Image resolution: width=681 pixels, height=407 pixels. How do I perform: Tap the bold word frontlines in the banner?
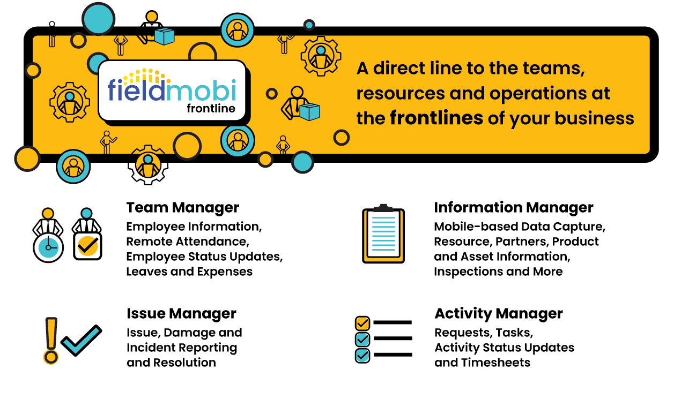click(436, 118)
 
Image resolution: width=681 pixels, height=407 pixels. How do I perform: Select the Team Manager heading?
click(183, 208)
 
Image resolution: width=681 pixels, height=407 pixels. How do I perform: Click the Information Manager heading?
click(513, 208)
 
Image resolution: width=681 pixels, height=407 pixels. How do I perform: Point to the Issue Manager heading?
click(181, 313)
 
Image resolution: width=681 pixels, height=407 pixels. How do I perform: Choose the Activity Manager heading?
click(499, 313)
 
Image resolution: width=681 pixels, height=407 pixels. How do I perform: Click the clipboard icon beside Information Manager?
click(383, 234)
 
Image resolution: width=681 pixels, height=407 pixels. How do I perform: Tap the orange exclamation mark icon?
click(51, 340)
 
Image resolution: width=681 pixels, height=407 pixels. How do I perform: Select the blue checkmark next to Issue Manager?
click(81, 340)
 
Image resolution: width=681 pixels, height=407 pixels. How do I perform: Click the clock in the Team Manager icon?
click(48, 248)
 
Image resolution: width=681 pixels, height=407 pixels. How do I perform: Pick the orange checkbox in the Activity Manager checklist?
click(362, 323)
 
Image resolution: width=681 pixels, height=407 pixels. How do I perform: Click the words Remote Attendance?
click(187, 242)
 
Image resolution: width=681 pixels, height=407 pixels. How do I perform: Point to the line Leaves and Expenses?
click(189, 272)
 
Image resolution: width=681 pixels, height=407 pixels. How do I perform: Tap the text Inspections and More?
click(498, 272)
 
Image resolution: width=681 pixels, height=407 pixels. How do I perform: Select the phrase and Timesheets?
click(482, 363)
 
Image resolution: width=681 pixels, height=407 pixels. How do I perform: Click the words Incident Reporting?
click(181, 348)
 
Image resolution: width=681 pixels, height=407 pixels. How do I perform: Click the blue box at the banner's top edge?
click(165, 36)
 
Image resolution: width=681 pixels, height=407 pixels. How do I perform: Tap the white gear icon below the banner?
click(148, 164)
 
